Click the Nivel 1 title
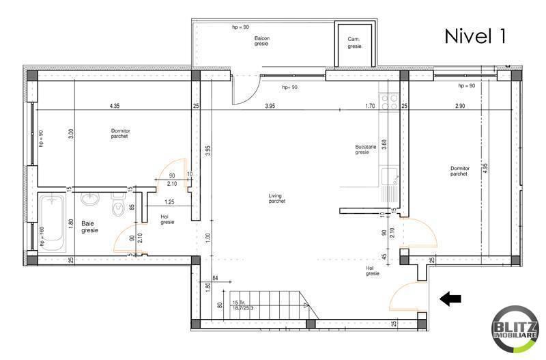tap(475, 36)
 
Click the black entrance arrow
tap(450, 298)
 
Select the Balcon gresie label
tap(261, 40)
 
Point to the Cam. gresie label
tap(354, 42)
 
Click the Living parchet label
tap(276, 199)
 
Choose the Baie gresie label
tap(89, 227)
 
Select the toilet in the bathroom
tap(117, 208)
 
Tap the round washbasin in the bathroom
tap(89, 199)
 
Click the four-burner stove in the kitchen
tap(390, 102)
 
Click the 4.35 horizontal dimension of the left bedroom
tap(114, 106)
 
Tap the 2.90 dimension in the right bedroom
tap(460, 106)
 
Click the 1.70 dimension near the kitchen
tap(371, 106)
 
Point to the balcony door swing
tap(244, 89)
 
